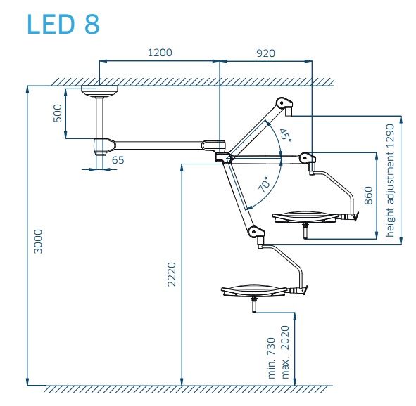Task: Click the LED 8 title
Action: pos(63,24)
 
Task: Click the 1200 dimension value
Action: pos(160,53)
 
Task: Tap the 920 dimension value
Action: pos(265,53)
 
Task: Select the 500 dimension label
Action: pos(58,113)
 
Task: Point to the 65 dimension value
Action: pos(118,160)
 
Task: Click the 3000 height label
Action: pos(38,242)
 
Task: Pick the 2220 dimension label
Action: pos(172,275)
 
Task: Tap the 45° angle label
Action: pos(285,135)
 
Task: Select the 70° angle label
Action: pos(264,184)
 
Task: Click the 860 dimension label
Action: pos(369,195)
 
